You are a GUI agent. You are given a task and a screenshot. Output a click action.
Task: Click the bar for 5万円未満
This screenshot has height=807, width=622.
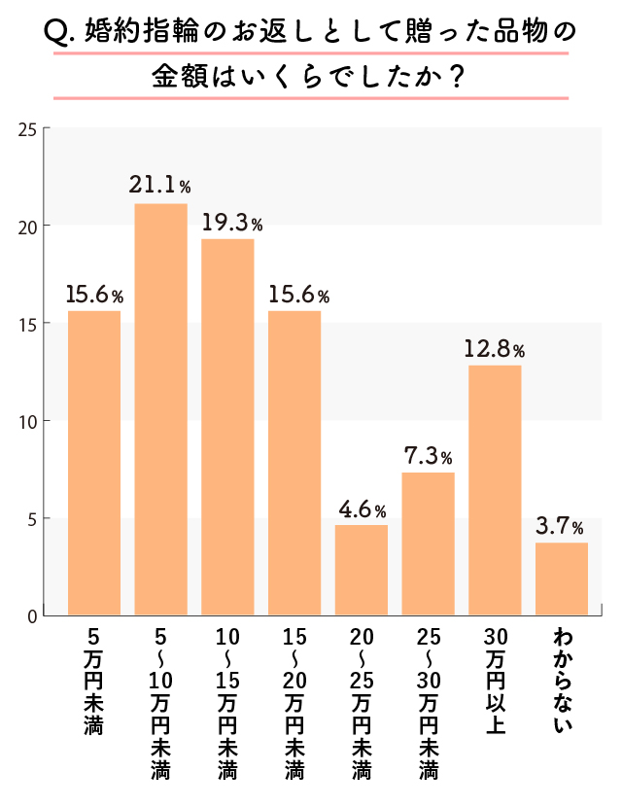point(94,463)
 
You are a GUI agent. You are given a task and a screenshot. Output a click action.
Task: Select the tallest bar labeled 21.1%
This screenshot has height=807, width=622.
point(160,409)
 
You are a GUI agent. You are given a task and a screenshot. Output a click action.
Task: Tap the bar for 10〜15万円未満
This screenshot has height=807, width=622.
point(227,427)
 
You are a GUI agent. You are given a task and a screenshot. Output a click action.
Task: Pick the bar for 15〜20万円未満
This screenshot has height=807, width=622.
point(294,463)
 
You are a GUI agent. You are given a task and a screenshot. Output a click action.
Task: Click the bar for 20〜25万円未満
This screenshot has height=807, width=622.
point(362,570)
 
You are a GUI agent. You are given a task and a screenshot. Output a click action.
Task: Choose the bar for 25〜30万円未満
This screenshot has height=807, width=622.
point(428,544)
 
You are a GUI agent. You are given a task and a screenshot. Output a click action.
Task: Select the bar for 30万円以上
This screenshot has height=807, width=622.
point(495,490)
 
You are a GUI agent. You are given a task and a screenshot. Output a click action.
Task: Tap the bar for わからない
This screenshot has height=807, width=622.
point(562,579)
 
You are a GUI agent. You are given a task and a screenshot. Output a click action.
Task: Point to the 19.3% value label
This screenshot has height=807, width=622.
point(232,224)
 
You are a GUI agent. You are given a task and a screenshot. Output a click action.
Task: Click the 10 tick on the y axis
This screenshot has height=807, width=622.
point(27,421)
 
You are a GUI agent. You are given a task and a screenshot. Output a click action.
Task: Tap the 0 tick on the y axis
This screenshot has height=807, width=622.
point(31,615)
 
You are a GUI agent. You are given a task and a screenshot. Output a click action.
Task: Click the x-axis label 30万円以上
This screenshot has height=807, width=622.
point(495,681)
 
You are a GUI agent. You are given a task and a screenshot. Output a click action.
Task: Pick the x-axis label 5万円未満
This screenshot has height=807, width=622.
point(94,681)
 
